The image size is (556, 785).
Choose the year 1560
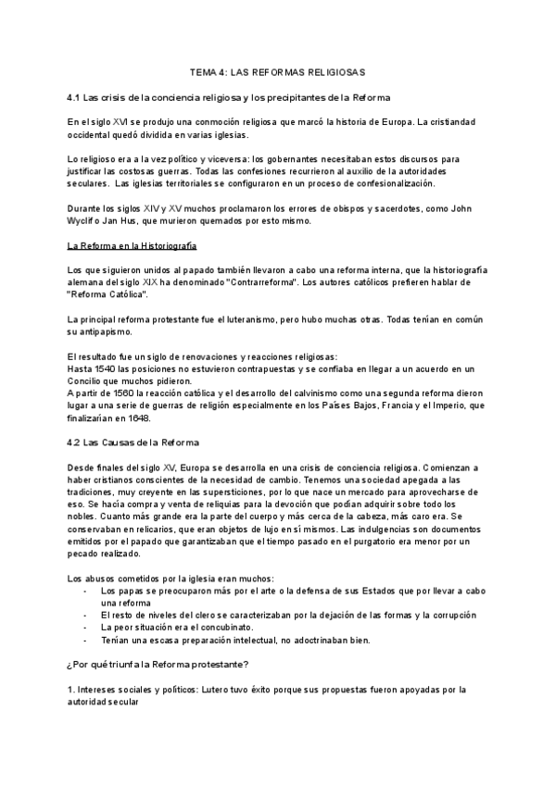tap(115, 392)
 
